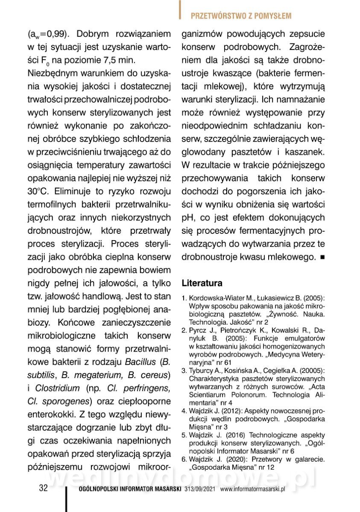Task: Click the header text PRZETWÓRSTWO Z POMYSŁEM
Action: [241, 16]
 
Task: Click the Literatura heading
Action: [202, 283]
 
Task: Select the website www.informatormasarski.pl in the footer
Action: [252, 489]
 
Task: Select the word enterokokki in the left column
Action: [50, 415]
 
